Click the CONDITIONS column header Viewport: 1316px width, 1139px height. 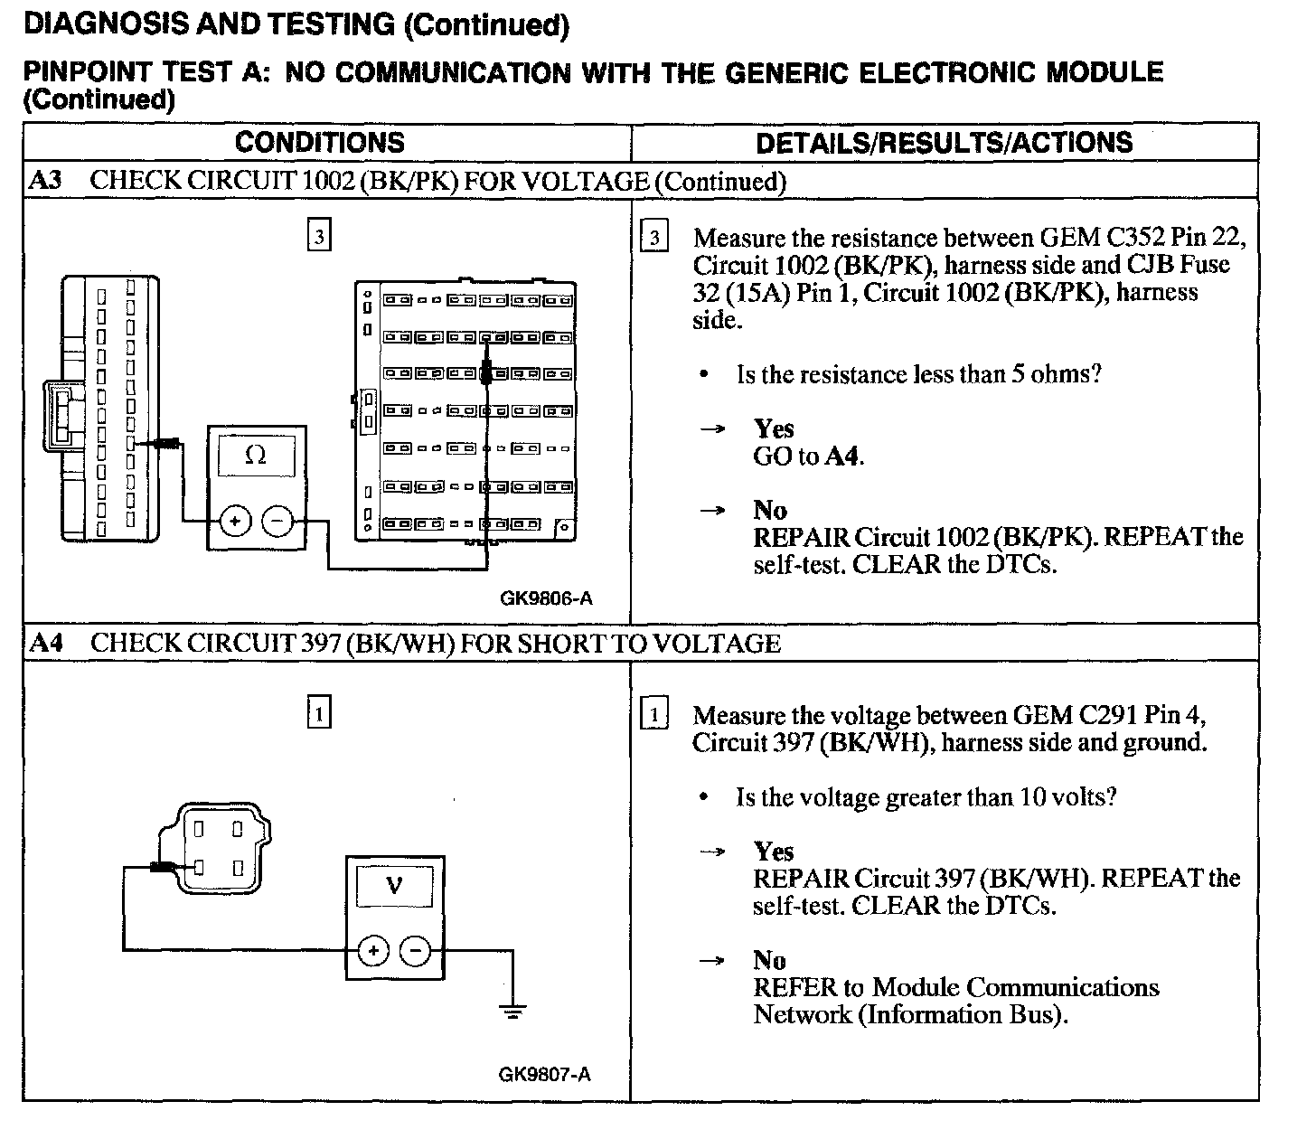pos(319,143)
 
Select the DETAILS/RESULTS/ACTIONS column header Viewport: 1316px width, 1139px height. pos(944,143)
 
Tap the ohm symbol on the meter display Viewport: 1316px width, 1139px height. pos(257,457)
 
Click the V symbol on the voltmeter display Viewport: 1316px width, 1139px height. pos(394,885)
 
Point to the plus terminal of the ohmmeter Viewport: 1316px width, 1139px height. pos(235,522)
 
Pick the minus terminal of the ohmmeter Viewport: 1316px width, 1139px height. pos(277,522)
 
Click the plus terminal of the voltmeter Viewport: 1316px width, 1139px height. pos(373,950)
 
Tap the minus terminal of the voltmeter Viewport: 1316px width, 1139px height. pos(415,950)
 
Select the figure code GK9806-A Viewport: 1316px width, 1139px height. pos(545,598)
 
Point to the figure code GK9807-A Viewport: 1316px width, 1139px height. pos(545,1074)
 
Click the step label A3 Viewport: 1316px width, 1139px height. pos(45,180)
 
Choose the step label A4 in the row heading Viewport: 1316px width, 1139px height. pos(45,643)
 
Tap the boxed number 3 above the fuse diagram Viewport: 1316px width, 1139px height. pos(318,238)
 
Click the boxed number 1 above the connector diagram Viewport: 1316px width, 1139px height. pos(318,713)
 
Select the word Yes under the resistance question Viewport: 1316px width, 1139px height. pos(774,428)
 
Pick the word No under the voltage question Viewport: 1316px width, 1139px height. pos(769,960)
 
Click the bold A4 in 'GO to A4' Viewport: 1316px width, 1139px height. pos(841,457)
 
